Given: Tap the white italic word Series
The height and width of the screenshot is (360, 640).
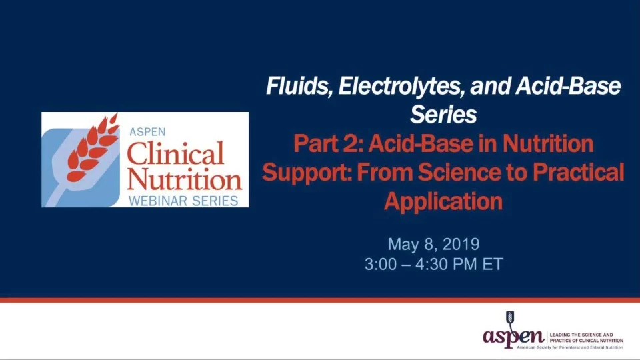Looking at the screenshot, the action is [443, 114].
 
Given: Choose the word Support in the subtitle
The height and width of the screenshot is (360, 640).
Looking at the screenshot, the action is [307, 173].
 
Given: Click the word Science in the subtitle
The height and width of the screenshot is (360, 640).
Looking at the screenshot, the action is [459, 172].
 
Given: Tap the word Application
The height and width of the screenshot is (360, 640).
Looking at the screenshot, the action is [443, 201].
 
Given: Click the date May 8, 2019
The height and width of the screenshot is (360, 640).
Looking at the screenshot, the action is [433, 244].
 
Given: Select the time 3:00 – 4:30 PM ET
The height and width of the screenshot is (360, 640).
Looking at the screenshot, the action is [433, 264].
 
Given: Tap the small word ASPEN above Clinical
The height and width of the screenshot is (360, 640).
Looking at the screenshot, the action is [147, 132].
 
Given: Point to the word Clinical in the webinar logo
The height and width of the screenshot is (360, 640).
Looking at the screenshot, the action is [175, 153].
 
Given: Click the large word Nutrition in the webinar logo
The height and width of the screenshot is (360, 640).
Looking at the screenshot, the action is [185, 179].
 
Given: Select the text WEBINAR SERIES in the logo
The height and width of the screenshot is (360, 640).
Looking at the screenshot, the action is [183, 201].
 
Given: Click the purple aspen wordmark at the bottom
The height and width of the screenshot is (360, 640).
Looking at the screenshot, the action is [513, 337].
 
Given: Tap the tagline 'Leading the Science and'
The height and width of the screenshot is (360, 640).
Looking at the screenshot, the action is [581, 335].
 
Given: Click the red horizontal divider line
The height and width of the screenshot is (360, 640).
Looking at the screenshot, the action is [320, 300].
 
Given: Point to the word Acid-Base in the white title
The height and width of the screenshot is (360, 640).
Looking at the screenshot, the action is [568, 86].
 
